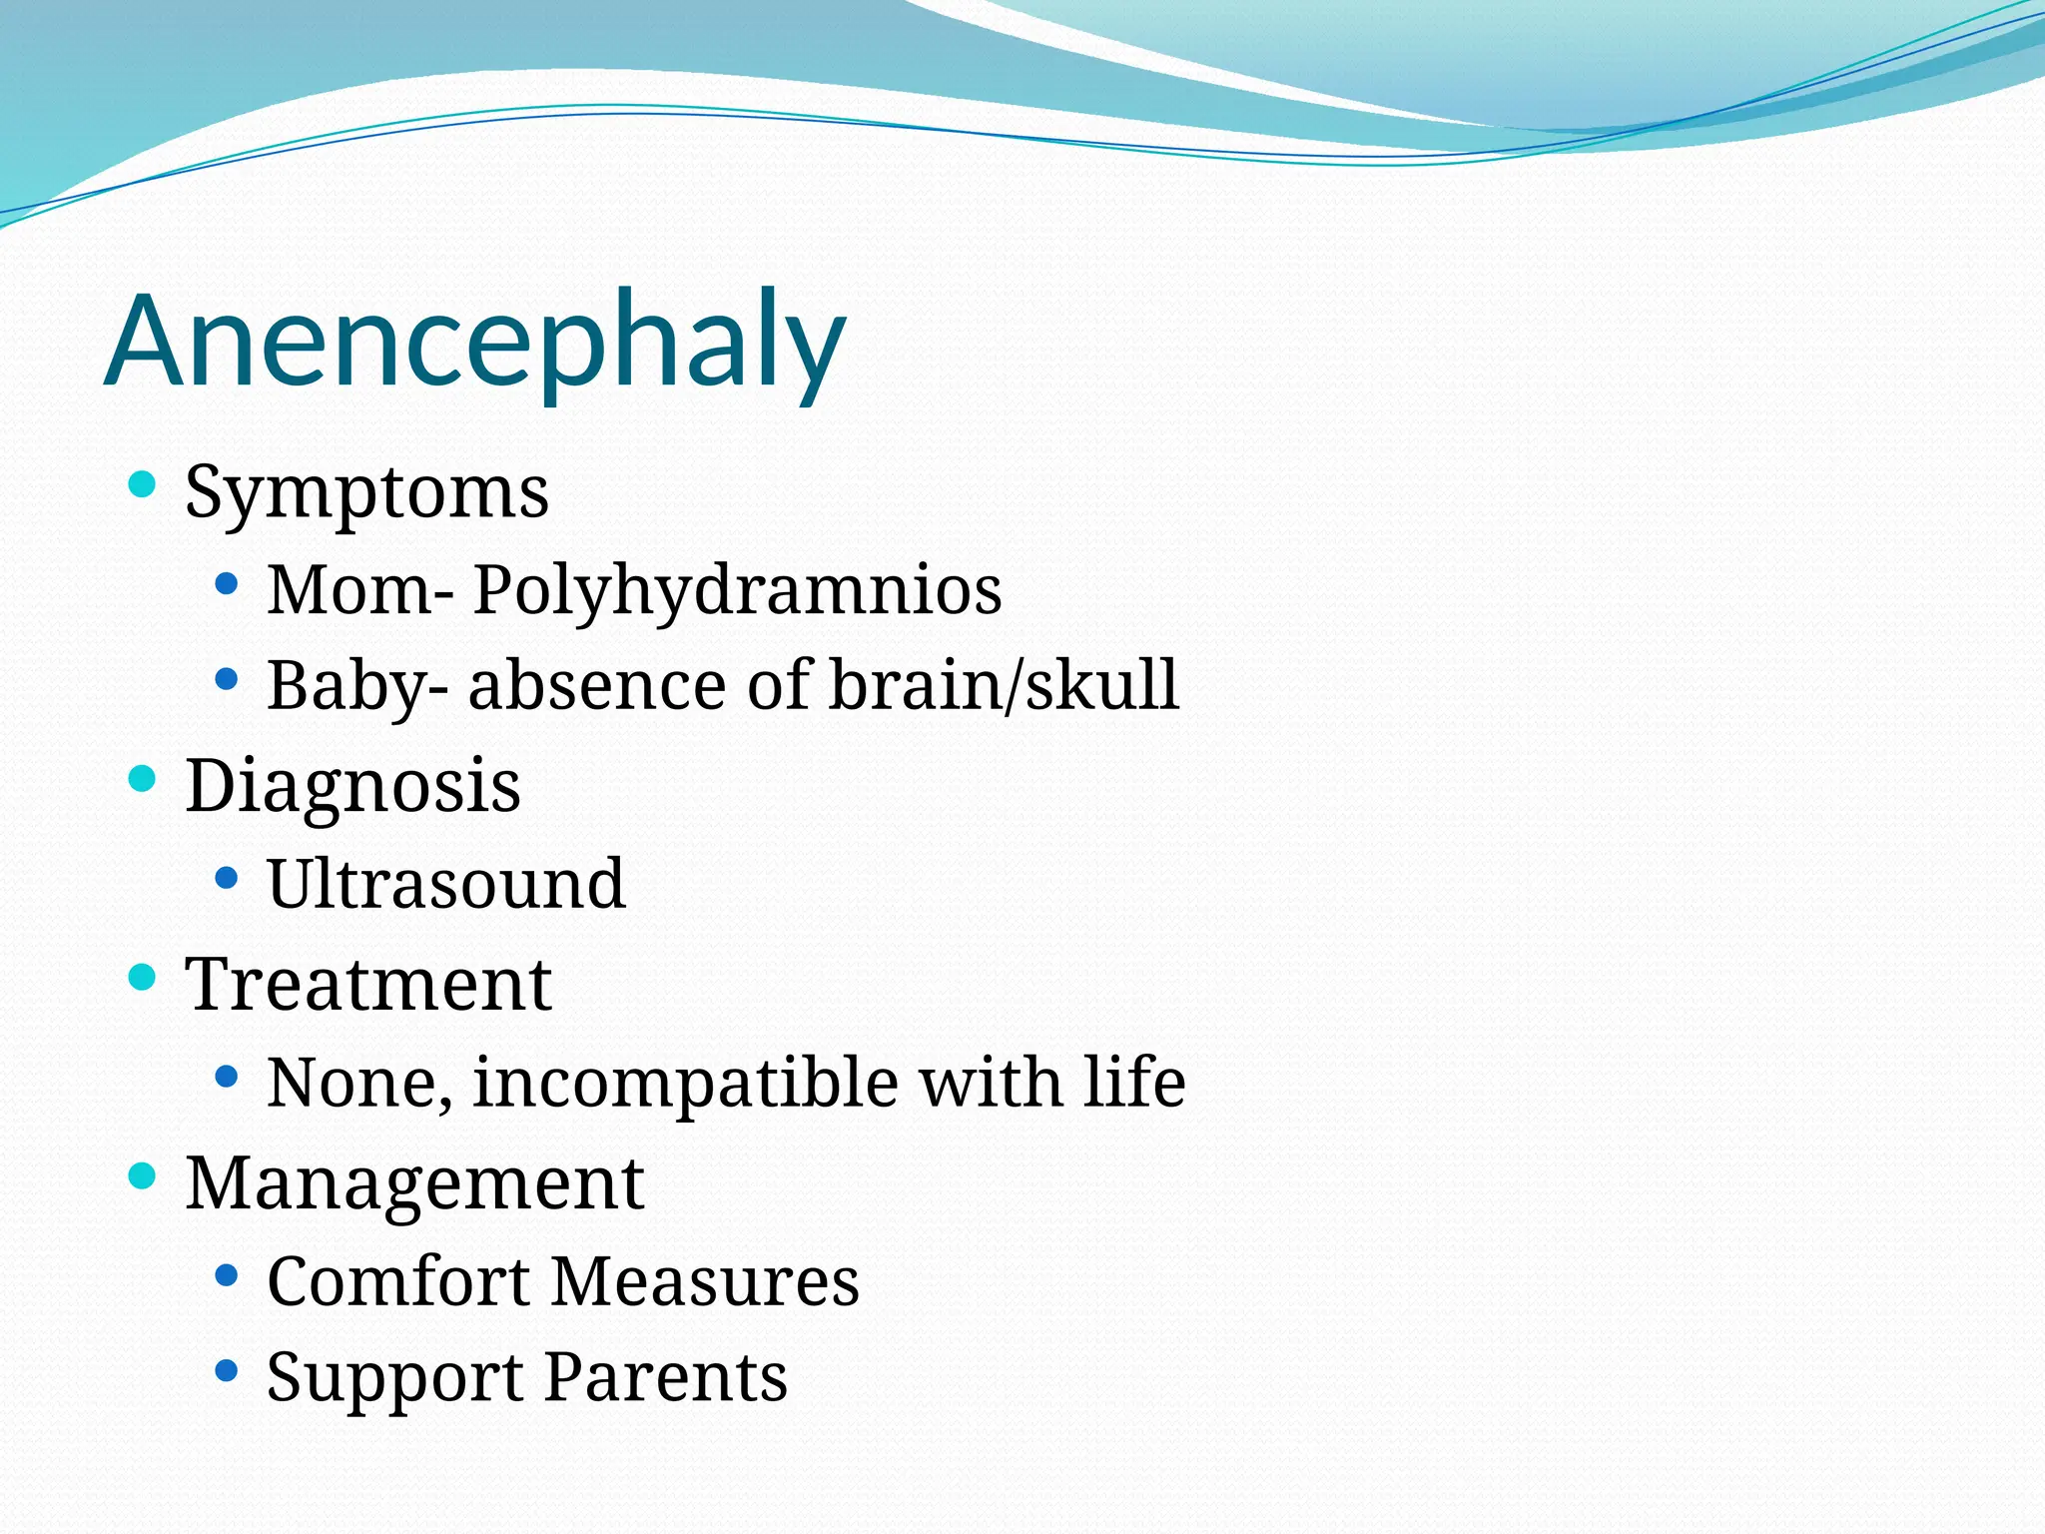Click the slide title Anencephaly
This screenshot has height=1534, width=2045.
pos(474,342)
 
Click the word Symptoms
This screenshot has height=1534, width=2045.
pos(366,492)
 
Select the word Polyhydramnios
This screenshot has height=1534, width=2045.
pos(737,589)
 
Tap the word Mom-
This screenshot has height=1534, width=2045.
pos(360,589)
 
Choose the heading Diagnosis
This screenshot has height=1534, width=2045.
pos(352,786)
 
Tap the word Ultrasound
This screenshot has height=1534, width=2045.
pos(446,884)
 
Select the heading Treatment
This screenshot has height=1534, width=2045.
pos(368,985)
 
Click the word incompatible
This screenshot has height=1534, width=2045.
pos(685,1083)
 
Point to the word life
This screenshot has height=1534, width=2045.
pos(1134,1083)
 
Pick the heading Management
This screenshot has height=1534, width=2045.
pos(414,1183)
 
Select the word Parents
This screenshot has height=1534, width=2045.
pos(666,1377)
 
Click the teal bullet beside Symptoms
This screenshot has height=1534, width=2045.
pos(143,485)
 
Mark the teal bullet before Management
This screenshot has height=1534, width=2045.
pos(143,1175)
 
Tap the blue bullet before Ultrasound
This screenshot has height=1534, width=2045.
pos(227,878)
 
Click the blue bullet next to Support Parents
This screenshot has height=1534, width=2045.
pos(227,1370)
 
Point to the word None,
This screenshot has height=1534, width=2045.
pos(359,1083)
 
